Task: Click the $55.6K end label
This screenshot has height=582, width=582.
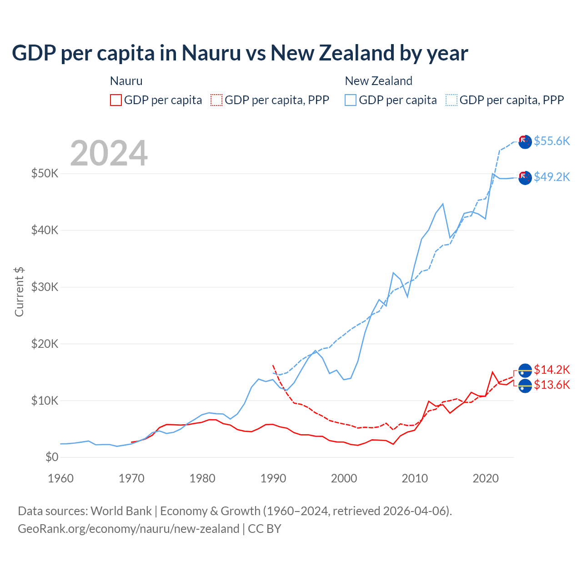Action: (552, 141)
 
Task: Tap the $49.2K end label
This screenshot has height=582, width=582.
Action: (552, 177)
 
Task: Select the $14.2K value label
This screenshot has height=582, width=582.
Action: (552, 369)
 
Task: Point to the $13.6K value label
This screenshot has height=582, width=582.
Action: (552, 385)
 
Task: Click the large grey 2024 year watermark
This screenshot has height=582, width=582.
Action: (109, 153)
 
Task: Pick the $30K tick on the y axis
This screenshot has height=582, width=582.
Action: (45, 287)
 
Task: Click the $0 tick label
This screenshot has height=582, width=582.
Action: (52, 457)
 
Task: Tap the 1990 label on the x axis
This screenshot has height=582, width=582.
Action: (273, 478)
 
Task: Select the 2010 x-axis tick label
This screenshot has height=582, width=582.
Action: (415, 478)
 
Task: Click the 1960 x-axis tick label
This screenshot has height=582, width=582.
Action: (60, 478)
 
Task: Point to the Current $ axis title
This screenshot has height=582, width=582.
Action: (19, 292)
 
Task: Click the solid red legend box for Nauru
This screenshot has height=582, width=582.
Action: (116, 100)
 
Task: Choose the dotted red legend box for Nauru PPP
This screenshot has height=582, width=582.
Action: (216, 100)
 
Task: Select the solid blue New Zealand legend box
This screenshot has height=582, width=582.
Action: (351, 100)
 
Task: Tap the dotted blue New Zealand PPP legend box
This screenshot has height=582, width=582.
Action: (452, 100)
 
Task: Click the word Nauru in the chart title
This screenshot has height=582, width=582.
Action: (211, 53)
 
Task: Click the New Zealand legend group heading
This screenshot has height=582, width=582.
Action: (378, 81)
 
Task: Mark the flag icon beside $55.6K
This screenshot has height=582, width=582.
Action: (525, 142)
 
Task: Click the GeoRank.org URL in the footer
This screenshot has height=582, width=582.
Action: (129, 529)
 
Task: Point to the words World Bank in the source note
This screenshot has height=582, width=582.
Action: (121, 511)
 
